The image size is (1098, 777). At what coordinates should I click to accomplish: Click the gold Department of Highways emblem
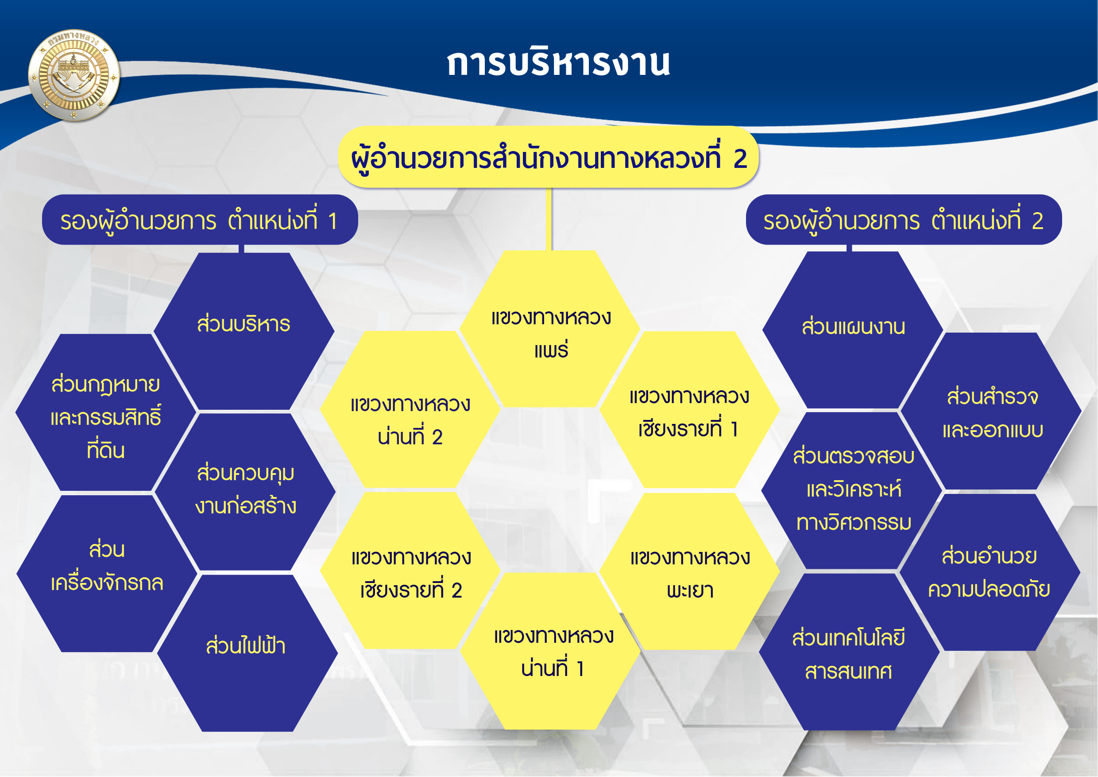tap(74, 75)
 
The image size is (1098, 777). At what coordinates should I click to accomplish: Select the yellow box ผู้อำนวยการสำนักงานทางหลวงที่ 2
tap(549, 157)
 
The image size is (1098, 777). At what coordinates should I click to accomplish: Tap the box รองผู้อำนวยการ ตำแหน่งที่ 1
tap(200, 220)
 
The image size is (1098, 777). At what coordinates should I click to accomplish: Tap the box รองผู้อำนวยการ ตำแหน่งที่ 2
tap(904, 220)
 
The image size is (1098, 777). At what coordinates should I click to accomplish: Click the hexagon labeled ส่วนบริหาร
tap(244, 331)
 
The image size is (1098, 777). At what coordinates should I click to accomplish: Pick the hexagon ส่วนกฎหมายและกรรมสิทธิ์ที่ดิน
tap(106, 412)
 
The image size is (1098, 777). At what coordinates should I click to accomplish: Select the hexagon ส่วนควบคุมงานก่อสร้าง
tap(245, 491)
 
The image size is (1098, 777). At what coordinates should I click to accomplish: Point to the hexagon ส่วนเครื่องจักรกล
tap(107, 574)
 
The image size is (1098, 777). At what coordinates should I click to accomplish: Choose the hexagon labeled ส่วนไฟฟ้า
tap(247, 653)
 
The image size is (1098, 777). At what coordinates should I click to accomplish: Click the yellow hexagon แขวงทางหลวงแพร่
tap(550, 329)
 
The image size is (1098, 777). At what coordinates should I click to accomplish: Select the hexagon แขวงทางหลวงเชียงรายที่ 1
tap(690, 410)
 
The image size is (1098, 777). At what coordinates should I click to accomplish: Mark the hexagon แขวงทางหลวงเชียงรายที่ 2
tap(410, 571)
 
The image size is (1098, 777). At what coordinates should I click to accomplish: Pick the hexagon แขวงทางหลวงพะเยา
tap(690, 571)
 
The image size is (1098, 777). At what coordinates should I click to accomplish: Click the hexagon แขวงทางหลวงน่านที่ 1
tap(550, 651)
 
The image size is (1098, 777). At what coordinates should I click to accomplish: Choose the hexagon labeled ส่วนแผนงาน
tap(853, 330)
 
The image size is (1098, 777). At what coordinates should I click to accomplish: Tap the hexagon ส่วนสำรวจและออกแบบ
tap(991, 411)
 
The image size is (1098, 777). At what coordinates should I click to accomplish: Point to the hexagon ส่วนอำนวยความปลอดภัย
tap(990, 572)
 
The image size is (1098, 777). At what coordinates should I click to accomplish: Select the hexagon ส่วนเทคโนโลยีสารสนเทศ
tap(849, 652)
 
